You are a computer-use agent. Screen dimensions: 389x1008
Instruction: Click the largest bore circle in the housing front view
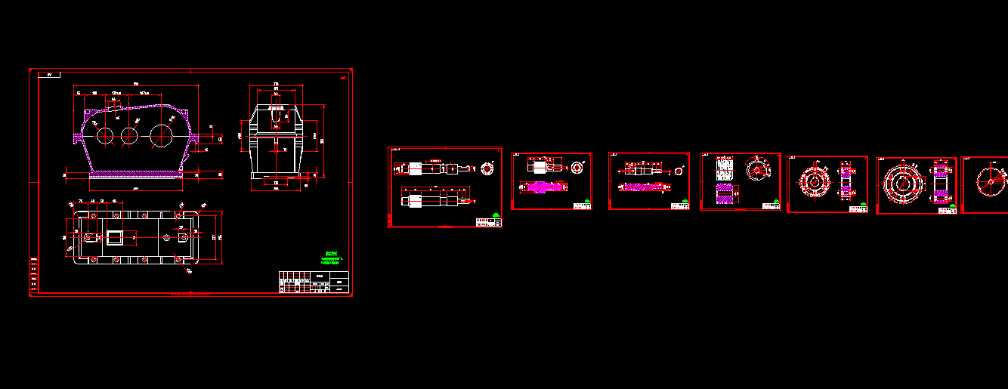pos(161,137)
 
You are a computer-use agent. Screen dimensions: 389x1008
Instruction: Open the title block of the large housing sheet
pos(314,281)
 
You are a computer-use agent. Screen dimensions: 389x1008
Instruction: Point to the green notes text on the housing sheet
pos(330,258)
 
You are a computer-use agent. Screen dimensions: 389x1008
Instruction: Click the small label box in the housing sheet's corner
pos(50,75)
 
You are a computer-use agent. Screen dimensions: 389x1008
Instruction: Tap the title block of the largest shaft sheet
pos(488,221)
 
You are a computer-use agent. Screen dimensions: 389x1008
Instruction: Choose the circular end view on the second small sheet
pos(578,167)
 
